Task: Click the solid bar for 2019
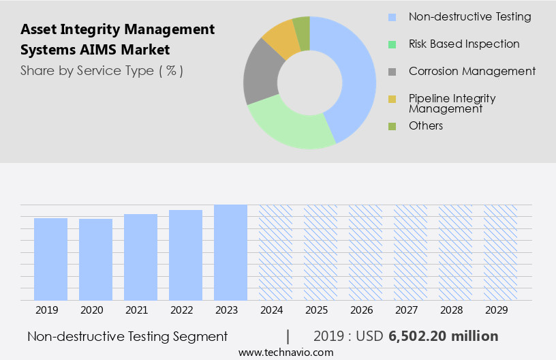point(50,259)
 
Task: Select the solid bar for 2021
point(140,257)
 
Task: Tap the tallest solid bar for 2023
point(230,252)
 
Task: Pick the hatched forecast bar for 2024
point(275,252)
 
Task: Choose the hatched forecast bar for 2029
point(500,252)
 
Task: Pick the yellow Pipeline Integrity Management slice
point(281,39)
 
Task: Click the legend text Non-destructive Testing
point(469,16)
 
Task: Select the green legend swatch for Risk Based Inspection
point(391,44)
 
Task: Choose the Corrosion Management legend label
point(472,71)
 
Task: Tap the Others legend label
point(426,125)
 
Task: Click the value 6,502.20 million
point(443,336)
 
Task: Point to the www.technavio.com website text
point(285,352)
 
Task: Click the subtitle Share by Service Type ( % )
point(102,71)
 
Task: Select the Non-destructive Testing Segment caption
point(127,336)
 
